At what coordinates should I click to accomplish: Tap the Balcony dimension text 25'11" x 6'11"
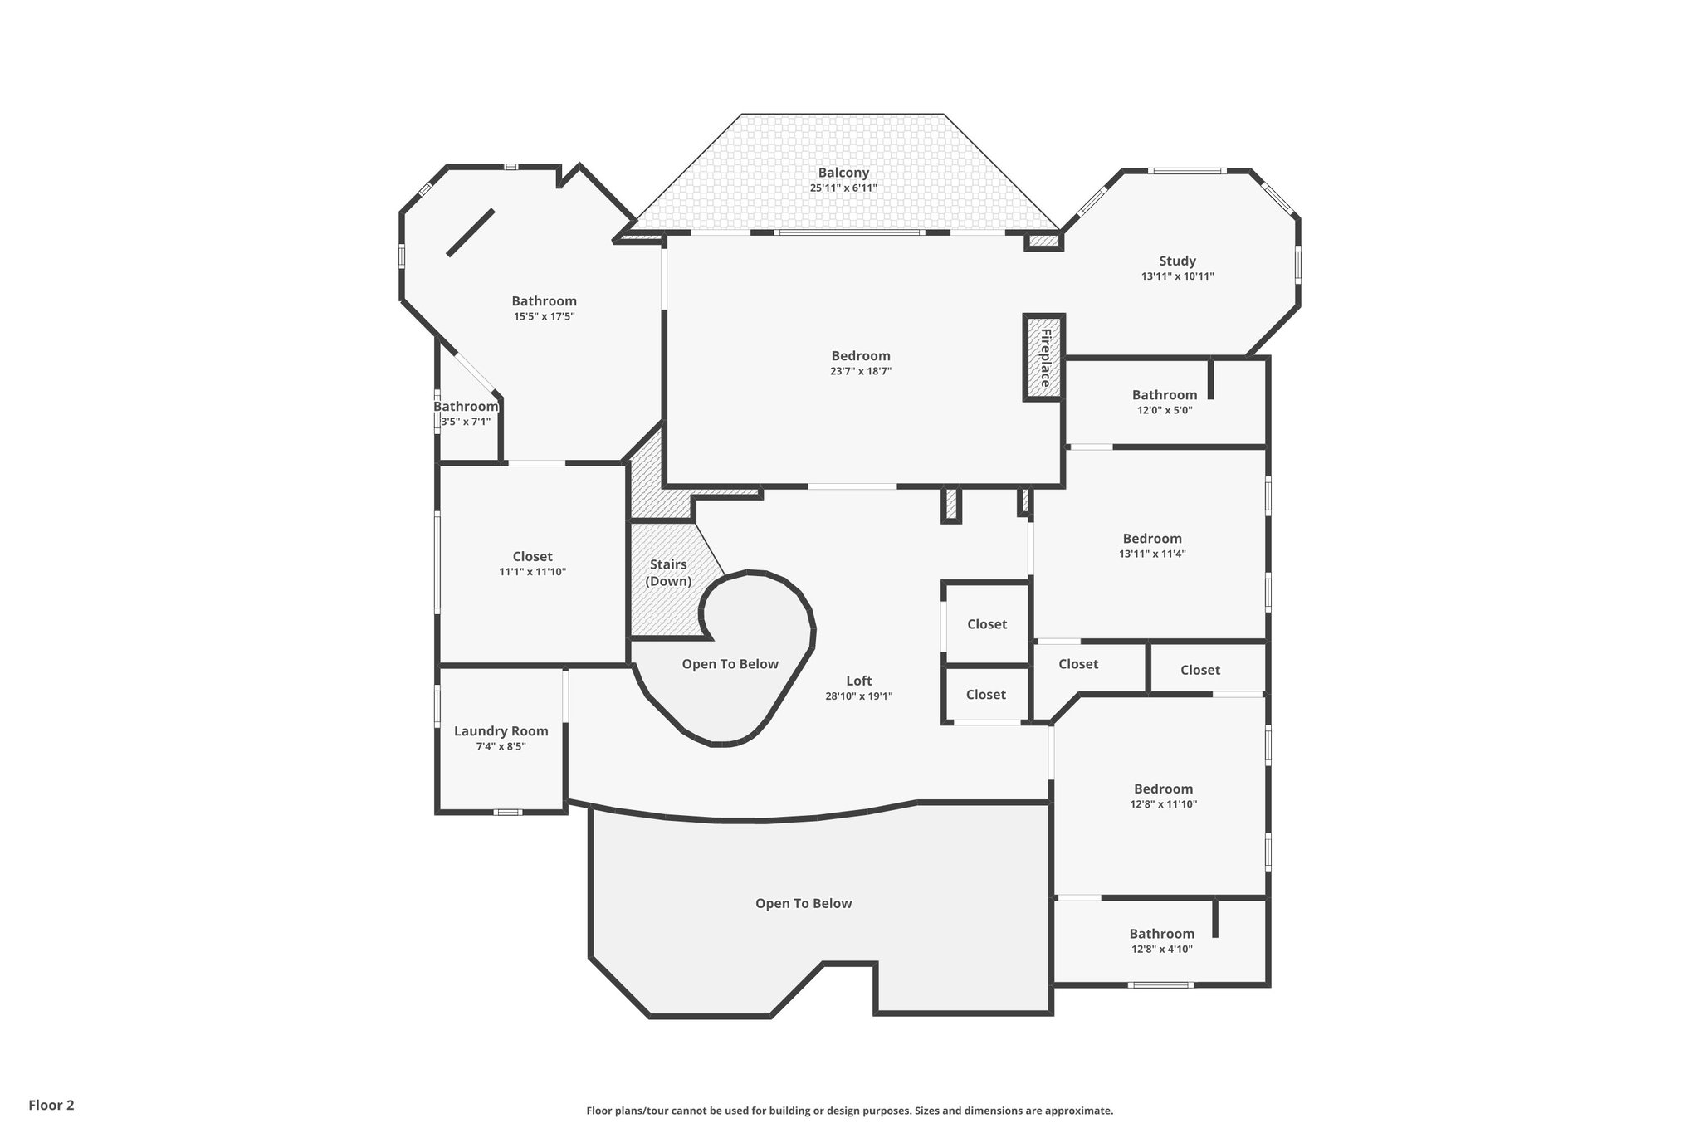(843, 188)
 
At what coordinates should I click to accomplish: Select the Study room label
(1177, 261)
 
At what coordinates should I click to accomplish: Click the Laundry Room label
(501, 731)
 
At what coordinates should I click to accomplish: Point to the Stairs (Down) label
(668, 573)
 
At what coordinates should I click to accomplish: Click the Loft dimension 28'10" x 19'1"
(858, 696)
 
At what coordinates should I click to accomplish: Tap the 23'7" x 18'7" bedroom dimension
(860, 371)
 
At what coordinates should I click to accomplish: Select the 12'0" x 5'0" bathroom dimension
(1165, 409)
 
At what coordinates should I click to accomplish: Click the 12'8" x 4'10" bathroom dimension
(1161, 949)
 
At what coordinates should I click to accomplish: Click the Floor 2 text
(51, 1105)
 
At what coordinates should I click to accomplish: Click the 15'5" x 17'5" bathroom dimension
(544, 316)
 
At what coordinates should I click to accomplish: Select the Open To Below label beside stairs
(730, 664)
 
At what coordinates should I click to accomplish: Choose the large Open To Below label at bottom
(804, 903)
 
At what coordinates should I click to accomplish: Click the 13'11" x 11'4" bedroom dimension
(1152, 554)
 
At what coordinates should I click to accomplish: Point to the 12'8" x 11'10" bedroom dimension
(1163, 804)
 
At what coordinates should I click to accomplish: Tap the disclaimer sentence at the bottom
(849, 1111)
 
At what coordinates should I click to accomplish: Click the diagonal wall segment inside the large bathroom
(471, 232)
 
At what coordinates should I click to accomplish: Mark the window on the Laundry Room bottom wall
(507, 812)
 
